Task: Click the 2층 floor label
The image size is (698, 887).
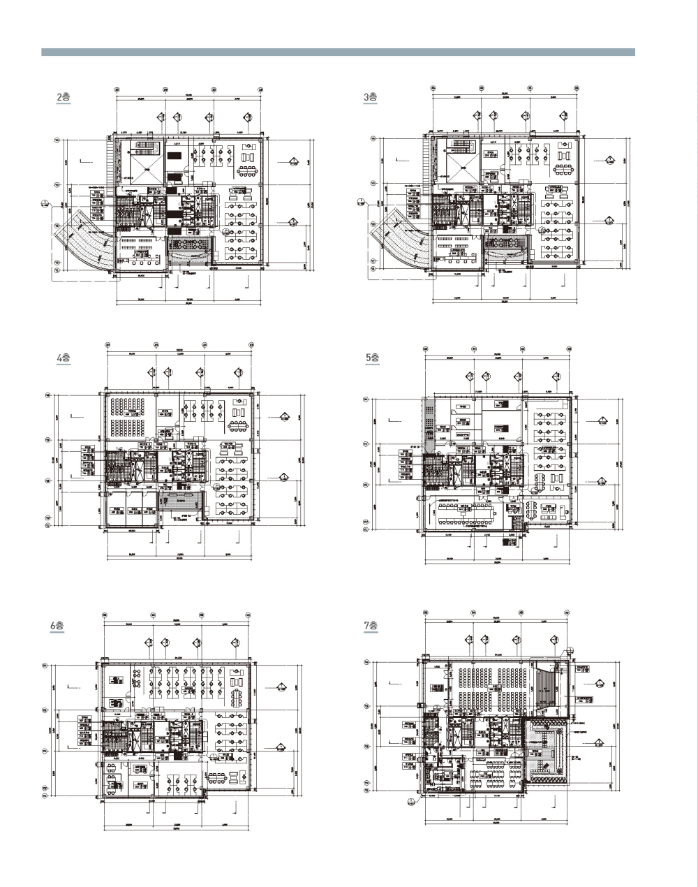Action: click(64, 98)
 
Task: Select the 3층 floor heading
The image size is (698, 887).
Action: click(370, 98)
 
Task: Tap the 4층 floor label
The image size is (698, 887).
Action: click(64, 358)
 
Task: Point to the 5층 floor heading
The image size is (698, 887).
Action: click(373, 358)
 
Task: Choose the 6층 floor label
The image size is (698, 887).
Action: click(57, 626)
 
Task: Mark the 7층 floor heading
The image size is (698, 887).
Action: click(371, 626)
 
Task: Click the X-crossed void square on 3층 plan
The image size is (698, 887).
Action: click(461, 169)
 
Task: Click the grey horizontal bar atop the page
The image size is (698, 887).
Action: click(338, 52)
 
